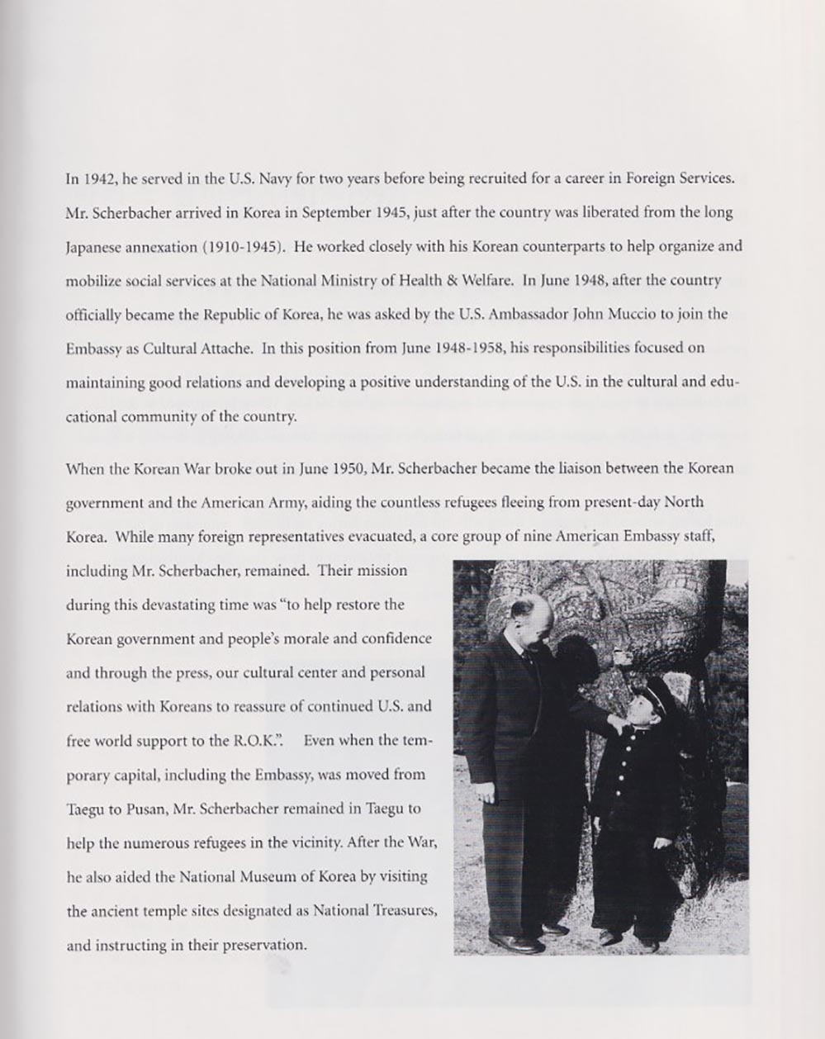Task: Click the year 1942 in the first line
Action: tap(93, 178)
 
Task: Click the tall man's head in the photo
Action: tap(529, 628)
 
